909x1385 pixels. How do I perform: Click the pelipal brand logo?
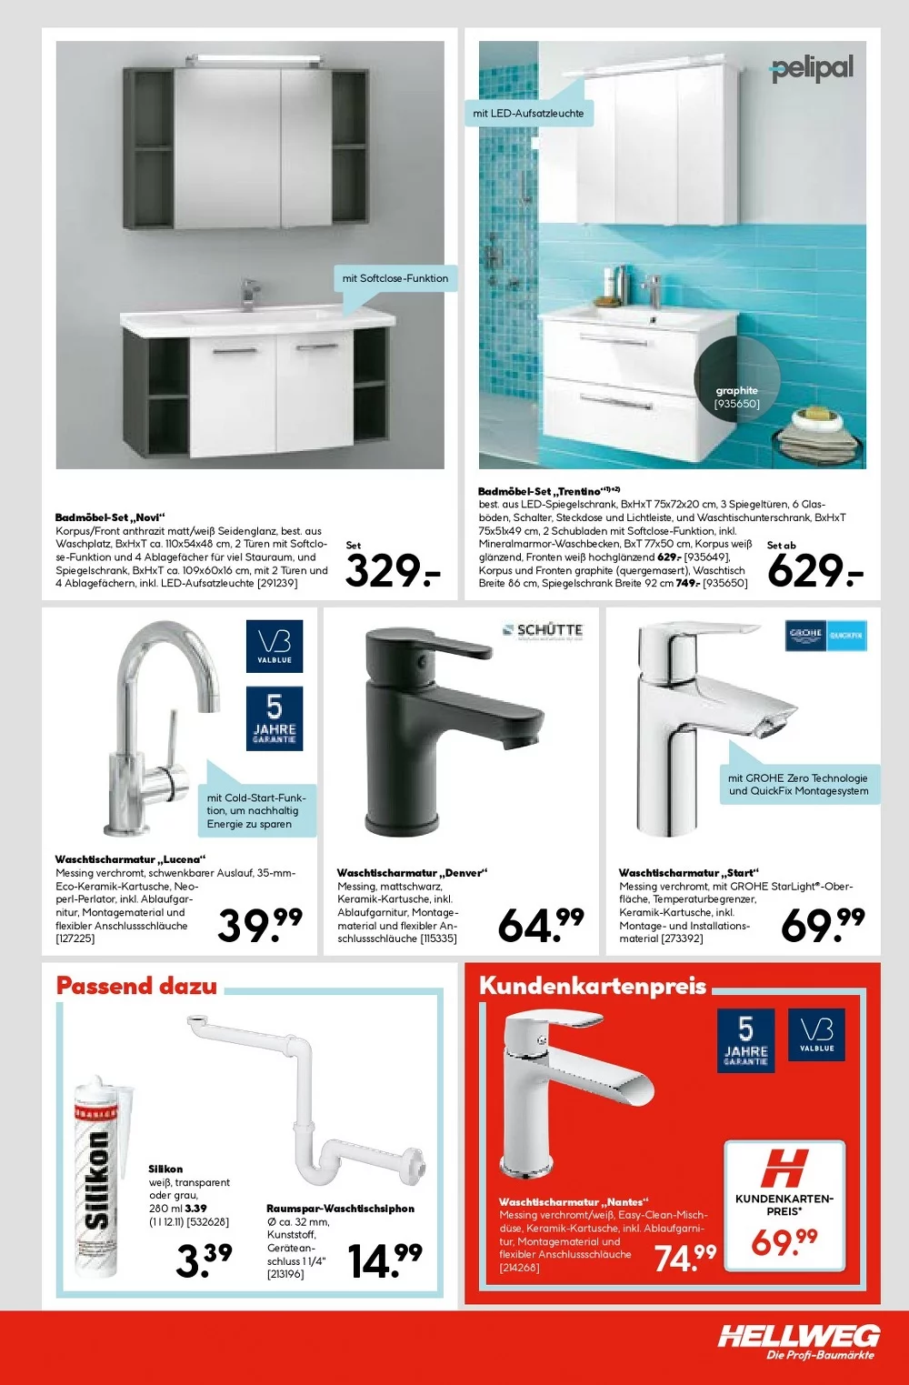pos(812,68)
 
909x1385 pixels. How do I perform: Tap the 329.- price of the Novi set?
pos(393,571)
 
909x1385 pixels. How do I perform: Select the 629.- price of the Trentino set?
pos(814,571)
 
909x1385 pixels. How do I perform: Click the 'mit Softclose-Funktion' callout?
pos(395,278)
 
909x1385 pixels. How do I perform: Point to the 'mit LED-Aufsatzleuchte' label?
pos(529,114)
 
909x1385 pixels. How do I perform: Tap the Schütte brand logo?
pos(544,630)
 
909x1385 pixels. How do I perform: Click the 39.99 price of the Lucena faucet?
pos(260,925)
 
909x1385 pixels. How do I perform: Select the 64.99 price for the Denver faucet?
pos(541,925)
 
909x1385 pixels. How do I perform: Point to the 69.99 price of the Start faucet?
pos(823,925)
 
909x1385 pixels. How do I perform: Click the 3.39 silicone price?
pos(204,1260)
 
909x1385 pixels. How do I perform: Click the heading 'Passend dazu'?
pos(136,986)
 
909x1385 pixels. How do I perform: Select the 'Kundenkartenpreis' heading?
pos(593,986)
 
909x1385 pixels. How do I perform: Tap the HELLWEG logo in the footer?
pos(799,1337)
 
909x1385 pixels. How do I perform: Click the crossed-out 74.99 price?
pos(685,1258)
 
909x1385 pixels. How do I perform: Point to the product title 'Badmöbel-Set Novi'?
pos(110,517)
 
